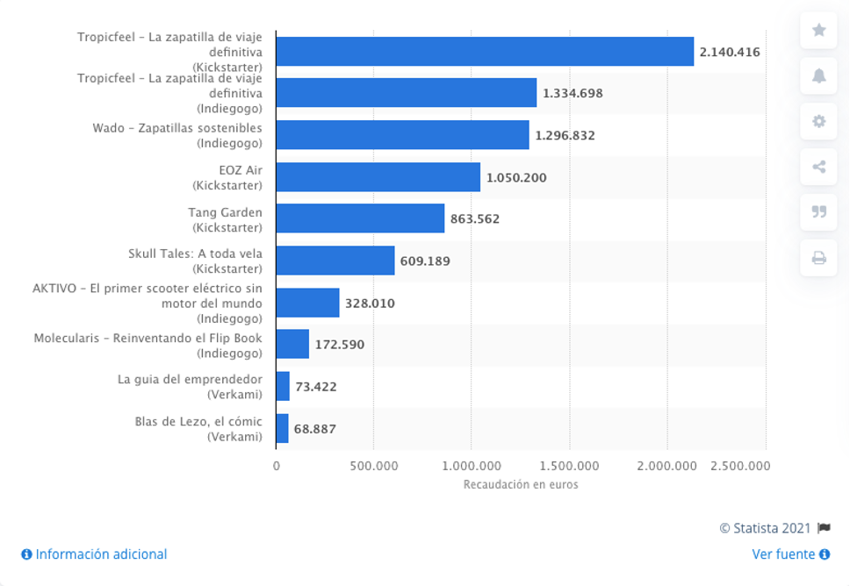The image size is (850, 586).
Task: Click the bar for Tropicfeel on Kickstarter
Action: coord(485,52)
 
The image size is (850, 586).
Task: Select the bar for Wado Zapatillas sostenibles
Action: coord(402,135)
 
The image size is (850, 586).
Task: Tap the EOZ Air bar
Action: coord(378,177)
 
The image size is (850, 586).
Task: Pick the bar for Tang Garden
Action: coord(360,218)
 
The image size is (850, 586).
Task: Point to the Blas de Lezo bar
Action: coord(282,429)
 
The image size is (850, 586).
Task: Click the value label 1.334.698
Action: coord(573,93)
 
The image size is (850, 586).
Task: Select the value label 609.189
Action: coord(430,261)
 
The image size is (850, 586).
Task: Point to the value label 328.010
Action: coord(370,303)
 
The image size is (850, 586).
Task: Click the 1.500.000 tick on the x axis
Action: coord(569,466)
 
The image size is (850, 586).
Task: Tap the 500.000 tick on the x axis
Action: coord(373,466)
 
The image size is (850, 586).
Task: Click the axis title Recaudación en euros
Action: coord(521,484)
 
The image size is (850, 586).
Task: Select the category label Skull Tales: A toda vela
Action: coord(195,254)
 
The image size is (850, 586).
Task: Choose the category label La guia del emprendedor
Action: coord(190,379)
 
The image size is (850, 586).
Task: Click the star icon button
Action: coord(818,30)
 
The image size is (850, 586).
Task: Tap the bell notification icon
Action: coord(818,75)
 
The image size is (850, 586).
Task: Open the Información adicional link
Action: coord(95,554)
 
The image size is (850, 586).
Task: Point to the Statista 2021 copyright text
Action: coord(765,528)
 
